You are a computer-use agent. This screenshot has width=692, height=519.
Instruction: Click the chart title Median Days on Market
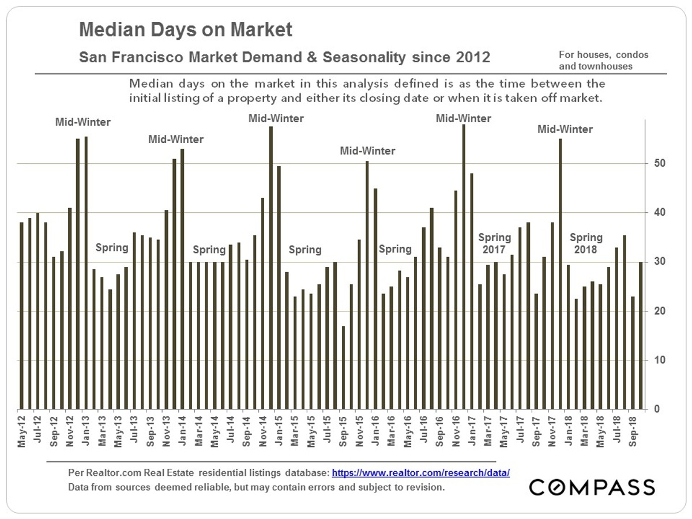(x=186, y=30)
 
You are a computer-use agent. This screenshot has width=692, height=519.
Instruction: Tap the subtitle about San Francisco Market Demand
(x=284, y=58)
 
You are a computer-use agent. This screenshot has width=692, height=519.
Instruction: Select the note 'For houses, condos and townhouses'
(x=603, y=61)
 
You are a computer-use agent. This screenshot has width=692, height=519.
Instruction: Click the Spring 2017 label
(x=495, y=244)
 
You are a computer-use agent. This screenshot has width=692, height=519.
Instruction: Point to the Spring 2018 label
(x=586, y=244)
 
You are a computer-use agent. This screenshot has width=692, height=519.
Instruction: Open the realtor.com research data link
(x=421, y=472)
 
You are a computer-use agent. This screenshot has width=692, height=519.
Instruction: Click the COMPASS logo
(x=592, y=487)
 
